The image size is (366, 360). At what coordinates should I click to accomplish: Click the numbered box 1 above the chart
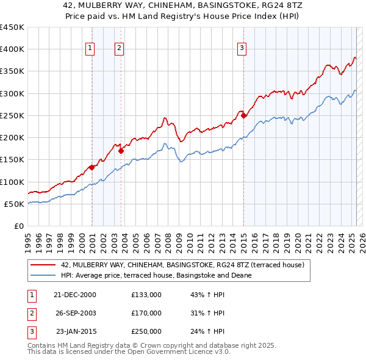tap(90, 48)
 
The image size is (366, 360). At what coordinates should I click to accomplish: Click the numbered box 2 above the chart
tap(119, 48)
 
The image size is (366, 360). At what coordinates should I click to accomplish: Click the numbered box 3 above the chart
tap(242, 48)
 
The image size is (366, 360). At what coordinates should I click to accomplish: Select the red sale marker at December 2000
tap(91, 167)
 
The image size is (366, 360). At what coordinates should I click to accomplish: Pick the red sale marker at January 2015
tap(243, 115)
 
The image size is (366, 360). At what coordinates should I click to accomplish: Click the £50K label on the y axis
tap(14, 204)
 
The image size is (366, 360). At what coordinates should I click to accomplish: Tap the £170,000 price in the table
tap(146, 313)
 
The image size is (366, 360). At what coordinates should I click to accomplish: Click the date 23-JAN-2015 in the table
tap(76, 331)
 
